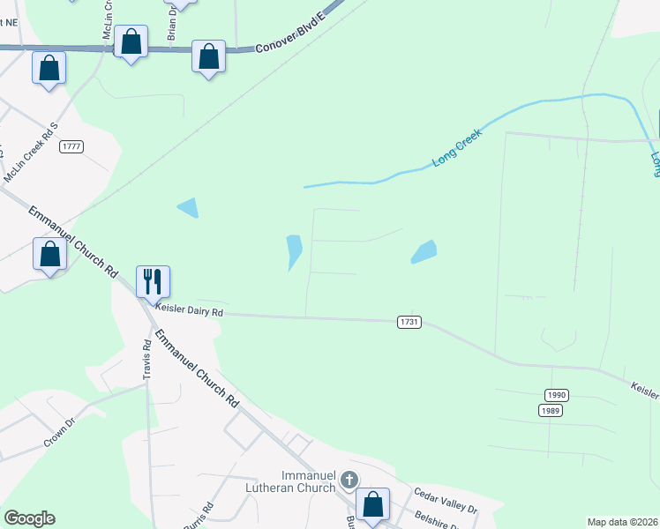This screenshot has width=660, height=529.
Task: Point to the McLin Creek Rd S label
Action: click(32, 153)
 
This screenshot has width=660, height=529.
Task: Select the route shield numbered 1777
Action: click(71, 146)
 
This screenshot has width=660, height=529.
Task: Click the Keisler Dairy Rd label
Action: click(190, 311)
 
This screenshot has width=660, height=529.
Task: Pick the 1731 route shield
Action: click(409, 323)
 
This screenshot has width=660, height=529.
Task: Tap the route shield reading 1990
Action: click(555, 395)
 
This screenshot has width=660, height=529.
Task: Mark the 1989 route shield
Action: click(551, 410)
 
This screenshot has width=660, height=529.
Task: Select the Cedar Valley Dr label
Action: click(446, 501)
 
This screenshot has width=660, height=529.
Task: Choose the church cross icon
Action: click(349, 481)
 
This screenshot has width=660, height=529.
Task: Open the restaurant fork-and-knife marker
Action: click(153, 282)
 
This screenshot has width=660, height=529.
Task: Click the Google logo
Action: click(29, 518)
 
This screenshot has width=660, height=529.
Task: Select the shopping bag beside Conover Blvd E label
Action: click(209, 57)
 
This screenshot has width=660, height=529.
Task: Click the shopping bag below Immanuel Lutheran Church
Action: click(374, 505)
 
